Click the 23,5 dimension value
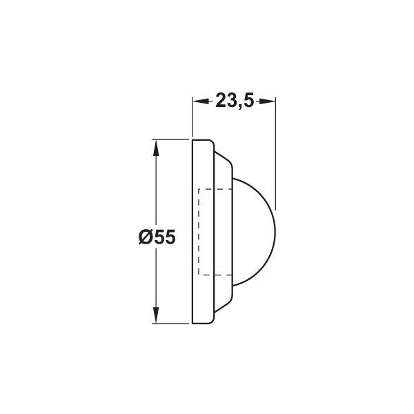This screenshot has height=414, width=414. click(x=235, y=101)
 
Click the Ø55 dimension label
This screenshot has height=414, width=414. click(x=157, y=237)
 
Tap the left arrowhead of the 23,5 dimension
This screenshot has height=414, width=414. click(x=202, y=101)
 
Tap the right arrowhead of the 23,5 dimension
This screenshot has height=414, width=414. click(x=266, y=101)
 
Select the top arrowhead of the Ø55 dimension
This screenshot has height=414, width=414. click(x=156, y=148)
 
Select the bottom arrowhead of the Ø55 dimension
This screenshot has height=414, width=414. click(x=156, y=315)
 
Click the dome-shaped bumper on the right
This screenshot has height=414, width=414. click(x=254, y=232)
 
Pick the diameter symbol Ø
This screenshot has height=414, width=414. click(x=146, y=237)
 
